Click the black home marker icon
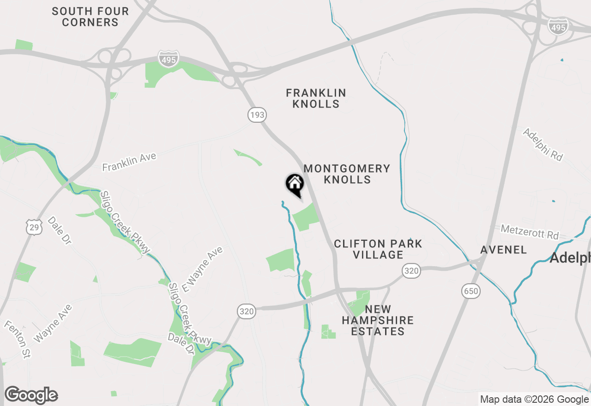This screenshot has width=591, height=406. tap(295, 185)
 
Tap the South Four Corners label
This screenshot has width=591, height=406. tap(90, 17)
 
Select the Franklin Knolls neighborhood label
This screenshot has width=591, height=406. tap(316, 98)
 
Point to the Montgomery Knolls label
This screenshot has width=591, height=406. tap(347, 174)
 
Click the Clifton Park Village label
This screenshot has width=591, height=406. tap(378, 249)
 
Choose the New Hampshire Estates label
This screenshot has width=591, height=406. tap(378, 320)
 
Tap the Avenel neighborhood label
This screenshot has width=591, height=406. tap(503, 250)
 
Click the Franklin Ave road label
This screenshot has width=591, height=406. tap(129, 162)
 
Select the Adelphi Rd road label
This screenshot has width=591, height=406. tap(543, 144)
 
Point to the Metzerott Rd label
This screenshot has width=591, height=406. tap(530, 232)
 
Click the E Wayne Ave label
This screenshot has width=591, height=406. tap(202, 269)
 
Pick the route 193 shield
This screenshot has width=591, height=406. tap(257, 114)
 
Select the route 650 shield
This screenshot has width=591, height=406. tap(470, 291)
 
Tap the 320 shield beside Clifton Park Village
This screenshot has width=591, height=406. tap(411, 271)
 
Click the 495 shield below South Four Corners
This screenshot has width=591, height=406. tap(168, 60)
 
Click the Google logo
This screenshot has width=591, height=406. tap(31, 395)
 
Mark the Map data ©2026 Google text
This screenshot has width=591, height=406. tap(534, 400)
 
